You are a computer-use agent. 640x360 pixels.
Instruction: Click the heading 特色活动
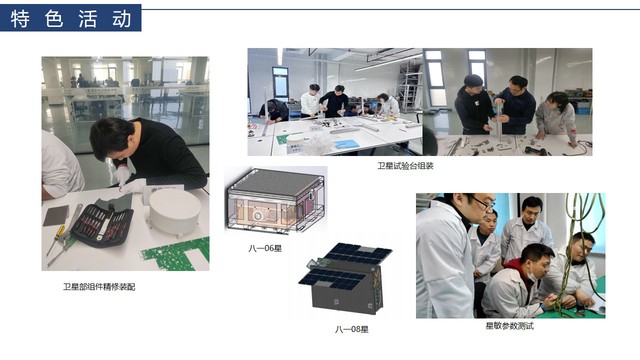point(71,18)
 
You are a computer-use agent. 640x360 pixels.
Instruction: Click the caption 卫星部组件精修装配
point(99,287)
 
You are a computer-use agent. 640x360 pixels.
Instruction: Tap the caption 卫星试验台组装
point(404,166)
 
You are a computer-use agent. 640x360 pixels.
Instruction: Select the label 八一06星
point(265,248)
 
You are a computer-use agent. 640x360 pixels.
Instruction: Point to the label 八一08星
point(351,329)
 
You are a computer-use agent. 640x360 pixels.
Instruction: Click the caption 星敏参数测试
point(509,326)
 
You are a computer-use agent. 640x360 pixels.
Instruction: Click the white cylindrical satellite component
point(174,212)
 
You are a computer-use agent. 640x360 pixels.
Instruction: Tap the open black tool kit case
point(102,224)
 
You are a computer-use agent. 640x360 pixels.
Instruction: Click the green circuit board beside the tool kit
point(178,254)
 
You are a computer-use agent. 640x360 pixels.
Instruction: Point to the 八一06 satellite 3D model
point(276,200)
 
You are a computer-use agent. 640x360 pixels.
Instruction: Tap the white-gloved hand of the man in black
point(122,175)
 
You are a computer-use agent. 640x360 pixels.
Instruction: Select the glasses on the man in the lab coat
point(483,202)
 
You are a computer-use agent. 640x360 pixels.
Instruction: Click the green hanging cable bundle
point(573,245)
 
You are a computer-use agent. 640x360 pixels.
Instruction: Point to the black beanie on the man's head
point(473,80)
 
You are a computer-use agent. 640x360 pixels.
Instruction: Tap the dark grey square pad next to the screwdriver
point(56,216)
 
